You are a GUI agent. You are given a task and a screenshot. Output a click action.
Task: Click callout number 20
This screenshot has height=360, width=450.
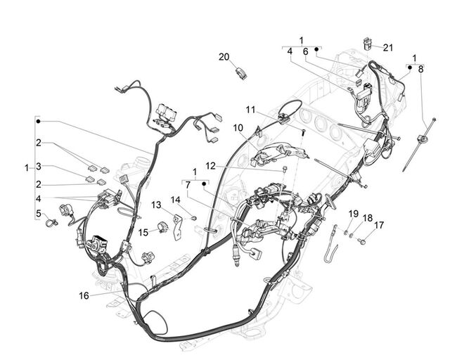pos(224,57)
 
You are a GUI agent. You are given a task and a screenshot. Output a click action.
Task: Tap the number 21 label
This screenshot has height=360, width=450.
pos(387,47)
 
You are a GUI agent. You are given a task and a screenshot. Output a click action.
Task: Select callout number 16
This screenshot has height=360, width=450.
pos(84,295)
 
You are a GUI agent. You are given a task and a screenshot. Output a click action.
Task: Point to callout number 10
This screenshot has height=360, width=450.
pos(238,128)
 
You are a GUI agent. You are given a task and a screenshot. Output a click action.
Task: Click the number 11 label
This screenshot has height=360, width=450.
pos(250,110)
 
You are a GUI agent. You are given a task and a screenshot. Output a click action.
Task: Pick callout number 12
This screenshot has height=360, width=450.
pos(210,166)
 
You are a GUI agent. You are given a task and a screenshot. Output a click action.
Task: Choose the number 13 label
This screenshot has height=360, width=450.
pos(156,205)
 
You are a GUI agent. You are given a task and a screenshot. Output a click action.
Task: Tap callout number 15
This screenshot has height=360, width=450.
pos(143,232)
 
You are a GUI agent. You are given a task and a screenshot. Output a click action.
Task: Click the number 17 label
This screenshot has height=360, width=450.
pos(378,225)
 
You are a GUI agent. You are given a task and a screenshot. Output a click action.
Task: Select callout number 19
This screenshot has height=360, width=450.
pos(353,214)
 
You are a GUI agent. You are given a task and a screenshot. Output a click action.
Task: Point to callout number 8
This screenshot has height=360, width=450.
pos(420,69)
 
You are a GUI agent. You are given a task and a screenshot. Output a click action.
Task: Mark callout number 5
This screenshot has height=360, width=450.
pos(39,213)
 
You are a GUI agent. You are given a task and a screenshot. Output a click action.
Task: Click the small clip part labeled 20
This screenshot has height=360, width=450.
pos(241,73)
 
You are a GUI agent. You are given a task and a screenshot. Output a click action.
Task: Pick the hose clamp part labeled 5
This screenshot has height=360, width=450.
pos(51,222)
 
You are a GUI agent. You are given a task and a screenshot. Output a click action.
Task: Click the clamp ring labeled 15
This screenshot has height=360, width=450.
pos(164,227)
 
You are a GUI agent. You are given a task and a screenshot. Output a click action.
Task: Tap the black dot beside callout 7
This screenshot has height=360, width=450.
pos(204,184)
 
